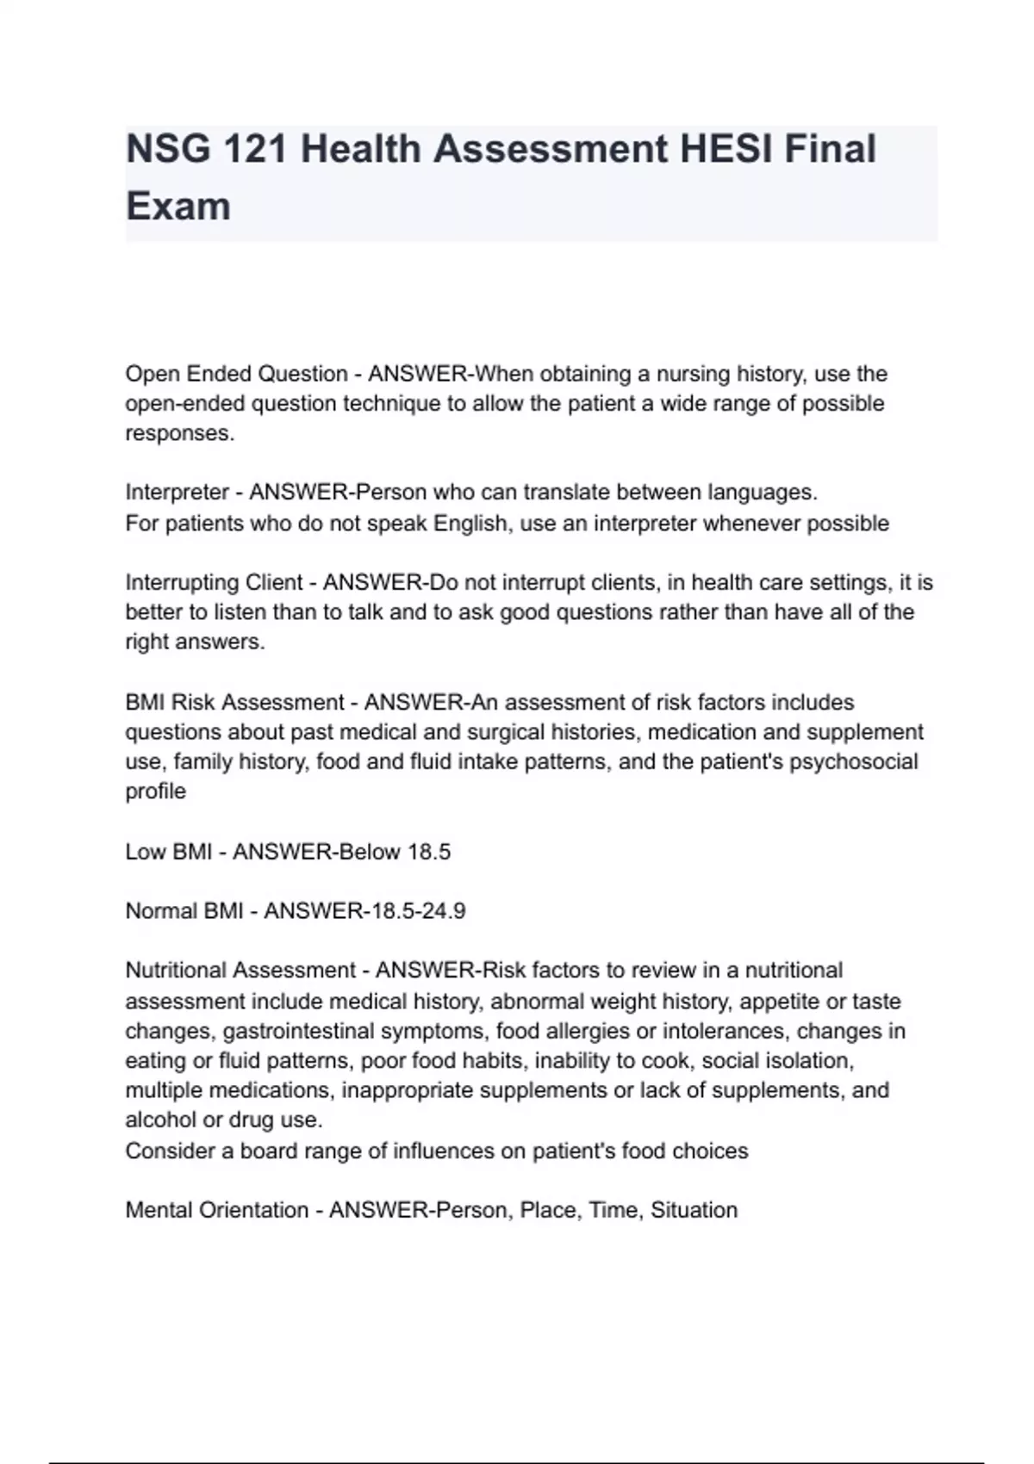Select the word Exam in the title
tap(178, 207)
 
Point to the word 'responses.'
tap(180, 433)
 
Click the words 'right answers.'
tap(195, 642)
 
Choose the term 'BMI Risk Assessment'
tap(234, 702)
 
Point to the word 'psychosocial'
tap(853, 761)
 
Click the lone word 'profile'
tap(156, 791)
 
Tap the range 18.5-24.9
tap(405, 910)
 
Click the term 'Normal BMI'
tap(184, 910)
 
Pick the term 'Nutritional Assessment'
tap(240, 970)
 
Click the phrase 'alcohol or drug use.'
tap(224, 1120)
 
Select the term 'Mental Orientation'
tap(216, 1210)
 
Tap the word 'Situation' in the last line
tap(694, 1210)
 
